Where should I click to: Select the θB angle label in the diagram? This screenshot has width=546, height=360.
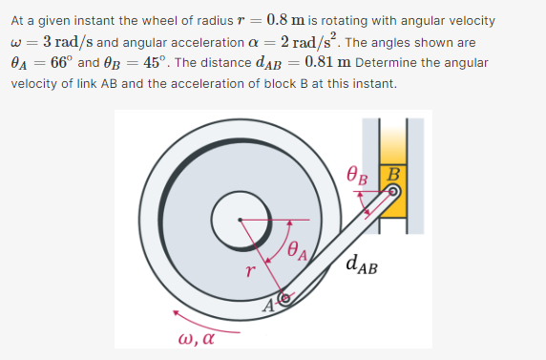tap(357, 175)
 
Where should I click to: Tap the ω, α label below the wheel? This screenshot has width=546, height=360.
tap(195, 339)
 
